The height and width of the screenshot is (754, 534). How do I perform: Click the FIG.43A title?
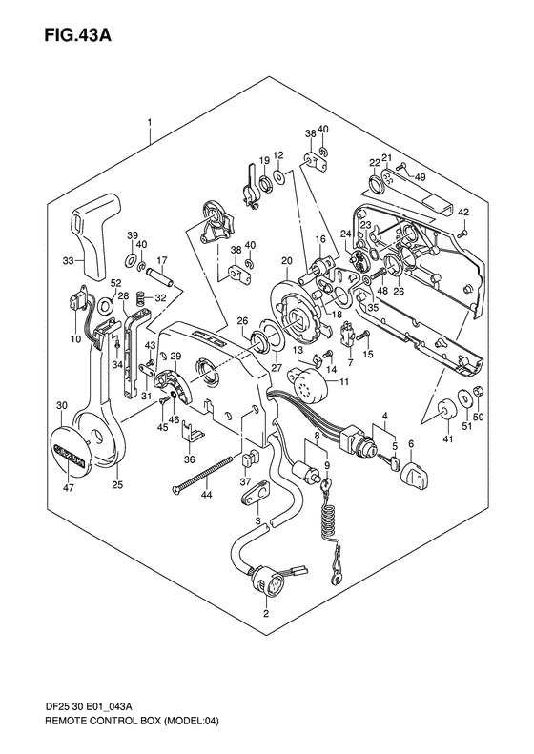[78, 34]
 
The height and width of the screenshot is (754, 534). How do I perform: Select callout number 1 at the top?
[150, 122]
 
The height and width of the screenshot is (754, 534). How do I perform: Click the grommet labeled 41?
[447, 409]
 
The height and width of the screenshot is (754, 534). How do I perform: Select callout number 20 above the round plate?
[287, 261]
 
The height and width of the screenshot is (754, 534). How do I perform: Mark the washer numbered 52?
[105, 304]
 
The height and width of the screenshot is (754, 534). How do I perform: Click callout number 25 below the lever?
[117, 484]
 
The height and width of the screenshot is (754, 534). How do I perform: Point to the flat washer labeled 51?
[465, 397]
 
